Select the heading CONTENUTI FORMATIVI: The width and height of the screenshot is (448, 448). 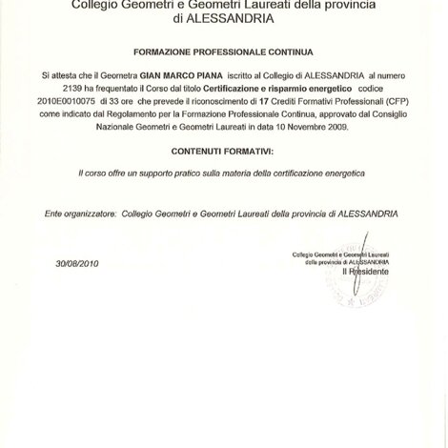223,151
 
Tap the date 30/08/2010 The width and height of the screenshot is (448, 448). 77,263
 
